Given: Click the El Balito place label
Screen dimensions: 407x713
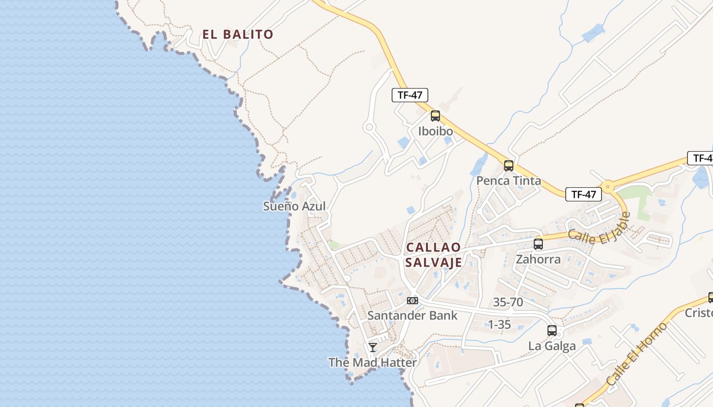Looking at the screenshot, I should (238, 35).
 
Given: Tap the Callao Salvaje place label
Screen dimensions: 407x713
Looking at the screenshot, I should (434, 255).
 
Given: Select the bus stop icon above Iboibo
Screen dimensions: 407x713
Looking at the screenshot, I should (435, 116).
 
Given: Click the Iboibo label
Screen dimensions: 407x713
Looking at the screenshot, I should (435, 131).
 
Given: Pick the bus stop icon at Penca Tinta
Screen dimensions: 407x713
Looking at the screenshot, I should (508, 166).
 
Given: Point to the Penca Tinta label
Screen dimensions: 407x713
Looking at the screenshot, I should (508, 181).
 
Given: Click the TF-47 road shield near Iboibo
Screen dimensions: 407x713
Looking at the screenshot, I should (410, 95).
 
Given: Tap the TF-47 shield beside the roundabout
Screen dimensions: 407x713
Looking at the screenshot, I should (583, 194).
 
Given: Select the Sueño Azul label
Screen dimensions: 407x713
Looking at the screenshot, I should (294, 206).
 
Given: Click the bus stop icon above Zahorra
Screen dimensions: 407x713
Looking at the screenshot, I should (538, 244).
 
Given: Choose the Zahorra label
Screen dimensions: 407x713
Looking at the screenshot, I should (538, 259).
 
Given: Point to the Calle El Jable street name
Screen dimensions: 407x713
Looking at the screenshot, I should (599, 228).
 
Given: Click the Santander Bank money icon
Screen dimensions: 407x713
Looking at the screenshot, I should (413, 301).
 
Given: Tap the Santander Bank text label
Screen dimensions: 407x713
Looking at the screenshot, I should (413, 315).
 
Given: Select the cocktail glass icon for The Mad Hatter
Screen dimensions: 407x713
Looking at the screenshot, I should (373, 347).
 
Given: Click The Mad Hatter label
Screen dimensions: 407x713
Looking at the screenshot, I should (373, 363).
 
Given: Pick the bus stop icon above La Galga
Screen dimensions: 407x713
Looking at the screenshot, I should (552, 331).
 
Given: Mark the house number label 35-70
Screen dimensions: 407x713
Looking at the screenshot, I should (508, 302).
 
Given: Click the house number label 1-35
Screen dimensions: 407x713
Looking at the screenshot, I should (499, 325).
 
